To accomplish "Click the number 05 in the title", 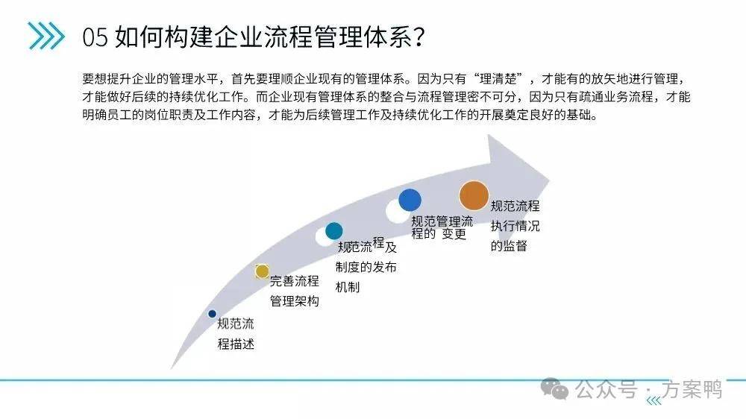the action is coord(95,37).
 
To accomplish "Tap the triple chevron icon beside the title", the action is coord(46,36).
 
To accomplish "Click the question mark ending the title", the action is coord(419,36).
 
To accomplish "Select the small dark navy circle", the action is coord(212,314).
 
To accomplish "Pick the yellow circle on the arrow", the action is coord(262,271).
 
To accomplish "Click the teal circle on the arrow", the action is coord(334,231).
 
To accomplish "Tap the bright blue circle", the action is coord(410,200).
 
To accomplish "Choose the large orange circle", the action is coord(474,195).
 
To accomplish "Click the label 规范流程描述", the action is coord(236,334).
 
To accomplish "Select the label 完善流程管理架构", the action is coord(295,291).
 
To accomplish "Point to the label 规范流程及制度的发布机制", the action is coord(366,265).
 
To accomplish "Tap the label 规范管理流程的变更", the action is coord(442,228).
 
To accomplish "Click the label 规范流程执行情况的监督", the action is coord(515,226).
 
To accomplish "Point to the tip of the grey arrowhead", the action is coord(550,180).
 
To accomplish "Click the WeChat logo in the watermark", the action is coord(555,388).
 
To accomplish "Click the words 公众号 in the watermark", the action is coord(606,389).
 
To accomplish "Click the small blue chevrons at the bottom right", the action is coord(654,401).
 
